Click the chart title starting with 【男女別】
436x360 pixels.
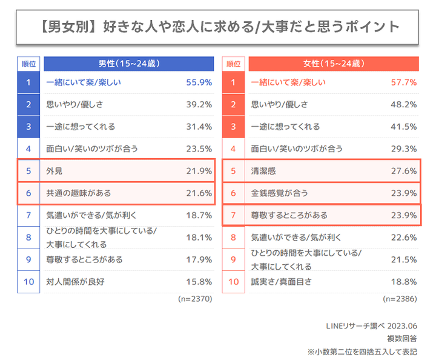click(218, 27)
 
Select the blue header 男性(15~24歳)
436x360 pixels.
click(128, 64)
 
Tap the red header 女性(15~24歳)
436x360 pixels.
click(334, 64)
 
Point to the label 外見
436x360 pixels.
click(55, 172)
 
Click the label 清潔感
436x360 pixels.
click(264, 172)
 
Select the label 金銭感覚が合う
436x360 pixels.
click(280, 193)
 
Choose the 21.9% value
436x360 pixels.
click(199, 172)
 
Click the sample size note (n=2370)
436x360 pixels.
click(194, 299)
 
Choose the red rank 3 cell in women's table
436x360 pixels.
click(234, 127)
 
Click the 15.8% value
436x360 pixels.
click(199, 282)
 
